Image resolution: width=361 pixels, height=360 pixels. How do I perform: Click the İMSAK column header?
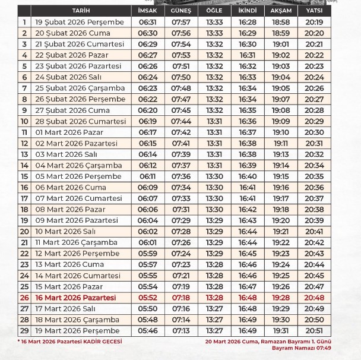coord(147,11)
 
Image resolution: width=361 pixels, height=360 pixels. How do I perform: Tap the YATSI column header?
coord(314,11)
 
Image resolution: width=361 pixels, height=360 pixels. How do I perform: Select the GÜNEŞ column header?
coord(180,11)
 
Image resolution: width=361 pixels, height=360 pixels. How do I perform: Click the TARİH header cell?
coord(81,11)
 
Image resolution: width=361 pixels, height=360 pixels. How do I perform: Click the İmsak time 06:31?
coord(147,22)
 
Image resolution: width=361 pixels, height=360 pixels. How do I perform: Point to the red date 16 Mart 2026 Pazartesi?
coord(76,298)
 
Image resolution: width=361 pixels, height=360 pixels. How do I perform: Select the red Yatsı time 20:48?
coord(314,298)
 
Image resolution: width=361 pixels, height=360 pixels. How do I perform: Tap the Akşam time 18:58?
coord(280,22)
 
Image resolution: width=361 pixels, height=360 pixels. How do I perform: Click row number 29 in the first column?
coord(24,330)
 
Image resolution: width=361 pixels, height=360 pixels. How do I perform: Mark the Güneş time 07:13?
coord(180,330)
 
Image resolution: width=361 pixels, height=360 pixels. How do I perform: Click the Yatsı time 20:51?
coord(314,330)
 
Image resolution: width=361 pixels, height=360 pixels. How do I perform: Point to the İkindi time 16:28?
coord(248,22)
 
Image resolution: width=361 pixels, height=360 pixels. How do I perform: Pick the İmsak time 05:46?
coord(147,330)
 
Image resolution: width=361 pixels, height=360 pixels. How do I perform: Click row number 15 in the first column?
coord(24,176)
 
